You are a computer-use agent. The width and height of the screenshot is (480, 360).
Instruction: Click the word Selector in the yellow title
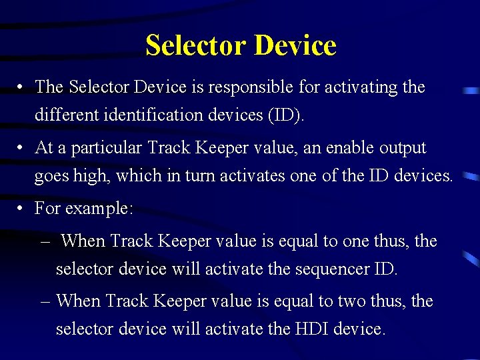click(197, 45)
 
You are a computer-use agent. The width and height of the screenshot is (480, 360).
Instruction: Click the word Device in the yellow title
click(295, 45)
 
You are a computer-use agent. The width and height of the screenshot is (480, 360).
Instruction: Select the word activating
click(359, 87)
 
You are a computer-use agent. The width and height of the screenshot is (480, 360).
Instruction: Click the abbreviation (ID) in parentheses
click(285, 115)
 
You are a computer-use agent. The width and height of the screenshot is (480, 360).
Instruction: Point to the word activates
click(250, 176)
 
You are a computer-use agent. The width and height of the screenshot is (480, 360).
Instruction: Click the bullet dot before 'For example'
click(21, 209)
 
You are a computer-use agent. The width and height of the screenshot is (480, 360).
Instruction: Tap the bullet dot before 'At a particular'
click(21, 148)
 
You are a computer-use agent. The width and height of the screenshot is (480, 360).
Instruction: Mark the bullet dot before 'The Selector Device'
click(21, 87)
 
